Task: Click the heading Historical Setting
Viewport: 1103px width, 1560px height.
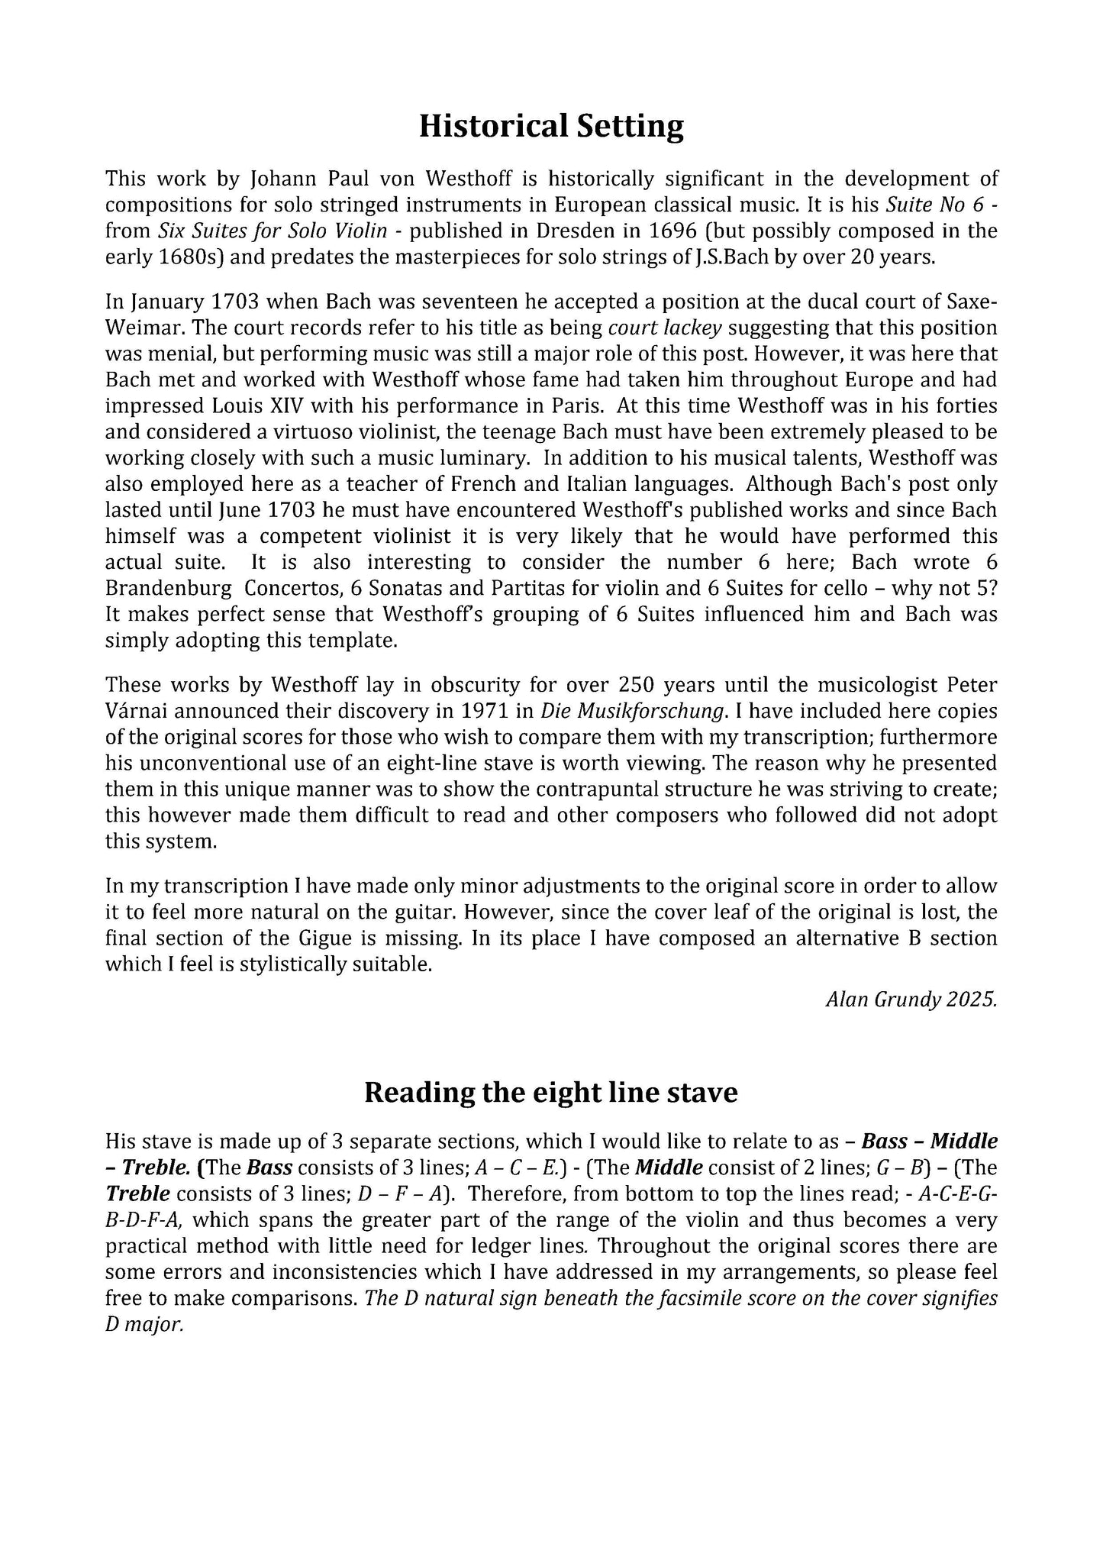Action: [x=551, y=126]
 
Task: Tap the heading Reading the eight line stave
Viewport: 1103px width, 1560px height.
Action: [x=550, y=1093]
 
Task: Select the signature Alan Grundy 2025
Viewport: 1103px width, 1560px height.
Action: [x=911, y=1000]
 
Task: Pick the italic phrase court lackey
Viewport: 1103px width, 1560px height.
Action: [x=665, y=328]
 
